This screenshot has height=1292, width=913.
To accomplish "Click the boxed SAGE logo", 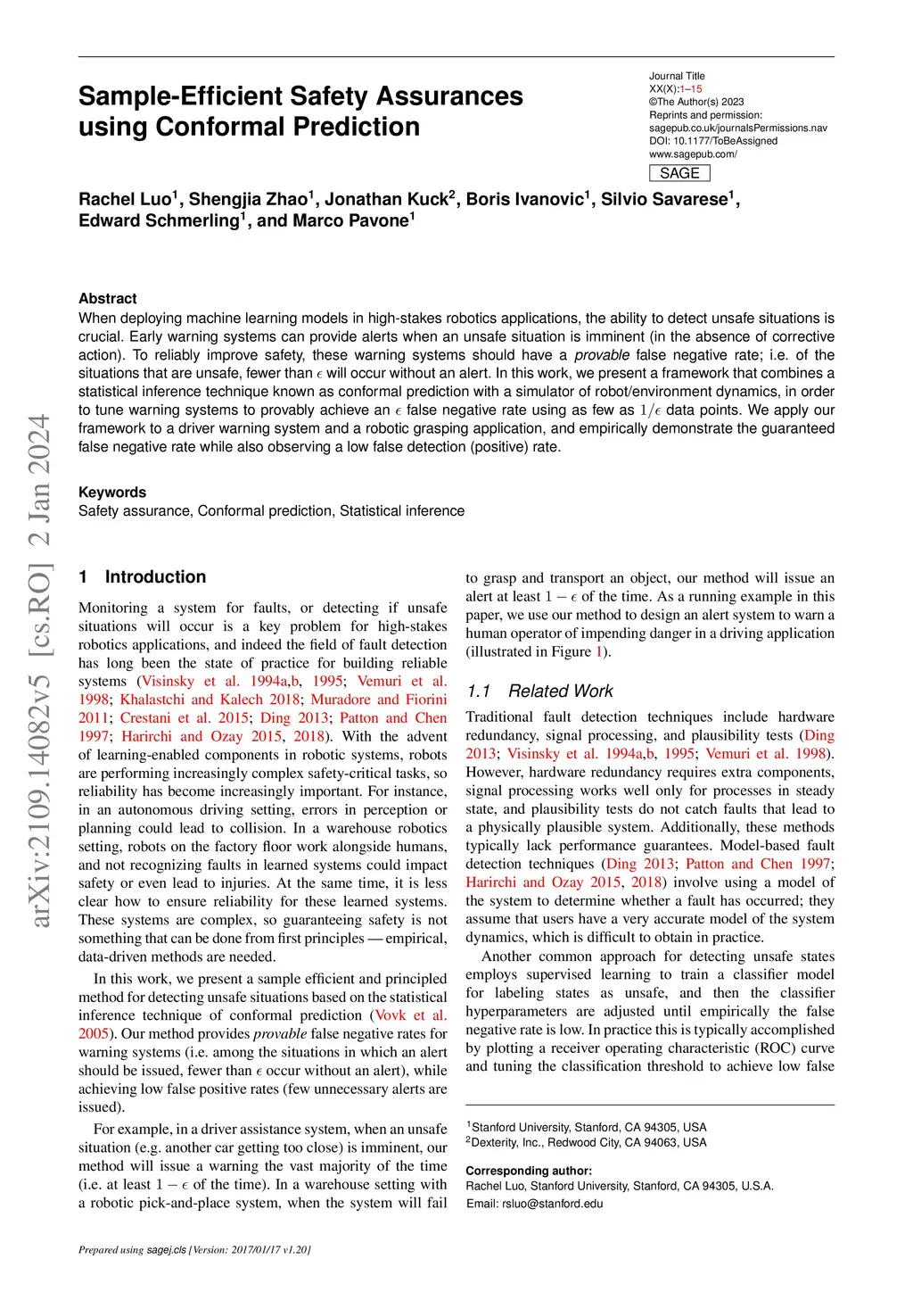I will tap(679, 173).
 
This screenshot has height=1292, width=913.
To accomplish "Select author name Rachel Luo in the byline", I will tap(126, 199).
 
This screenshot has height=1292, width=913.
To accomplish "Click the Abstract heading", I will tap(108, 298).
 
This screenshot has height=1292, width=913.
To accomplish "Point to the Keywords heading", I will tap(112, 492).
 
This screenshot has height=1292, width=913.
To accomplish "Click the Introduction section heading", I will tap(155, 576).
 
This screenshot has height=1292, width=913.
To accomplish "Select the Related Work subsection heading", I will tap(560, 691).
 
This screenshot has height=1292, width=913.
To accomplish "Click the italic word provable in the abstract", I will tap(602, 355).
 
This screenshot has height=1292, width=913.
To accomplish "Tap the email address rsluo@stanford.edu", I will tap(553, 1204).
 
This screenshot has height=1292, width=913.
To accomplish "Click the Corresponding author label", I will tap(529, 1171).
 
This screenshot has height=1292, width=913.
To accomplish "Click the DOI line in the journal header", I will tap(713, 141).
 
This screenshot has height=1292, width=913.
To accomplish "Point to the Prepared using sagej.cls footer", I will tap(194, 1249).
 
